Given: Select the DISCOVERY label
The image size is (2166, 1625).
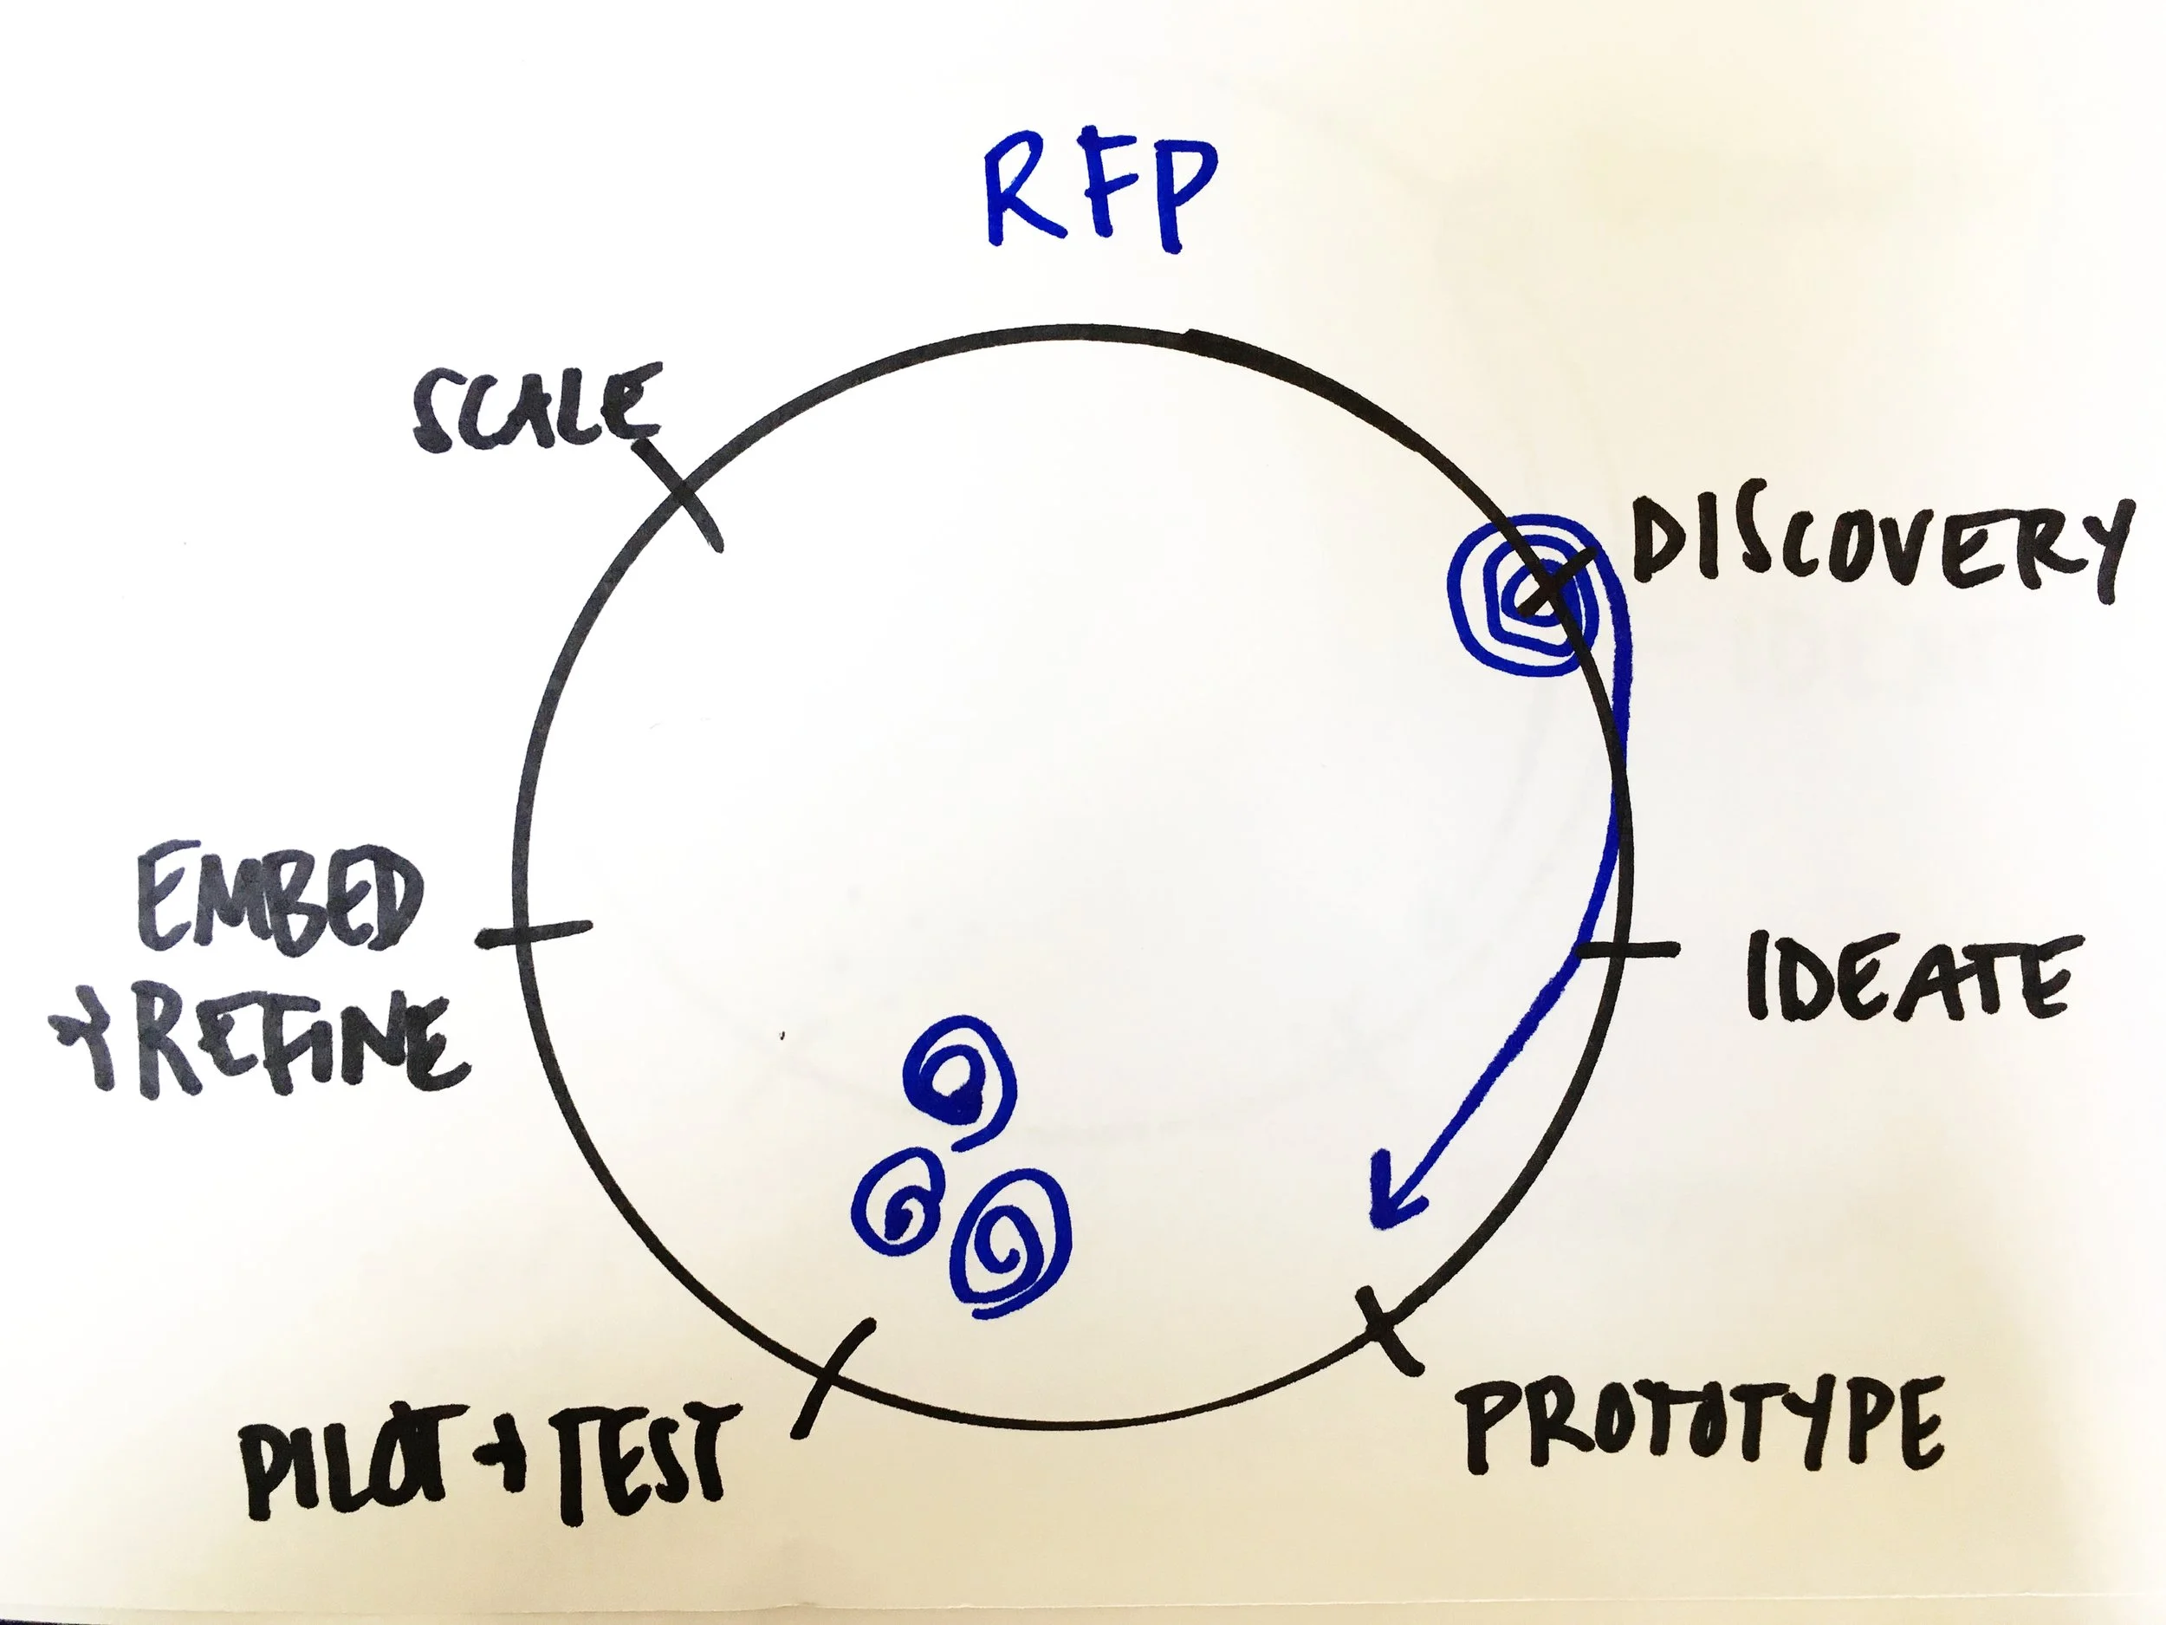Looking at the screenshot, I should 1880,549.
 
